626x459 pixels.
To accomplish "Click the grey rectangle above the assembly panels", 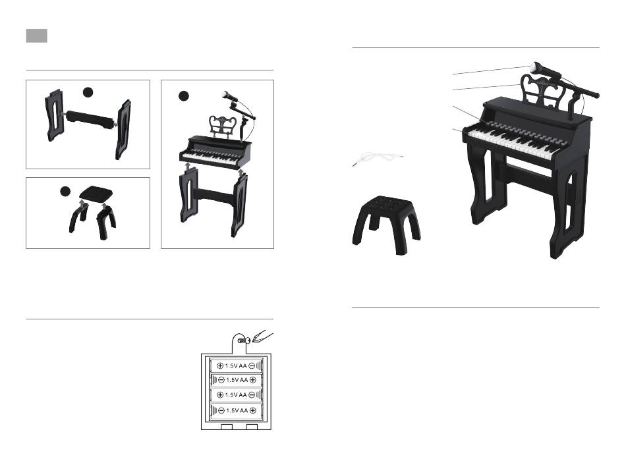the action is pyautogui.click(x=37, y=36).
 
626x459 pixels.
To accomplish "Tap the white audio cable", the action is pyautogui.click(x=378, y=158).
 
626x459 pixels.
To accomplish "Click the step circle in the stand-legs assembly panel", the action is pyautogui.click(x=88, y=93).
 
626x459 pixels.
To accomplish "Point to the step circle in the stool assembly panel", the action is pyautogui.click(x=65, y=192).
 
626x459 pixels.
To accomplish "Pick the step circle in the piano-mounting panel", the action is pyautogui.click(x=184, y=95).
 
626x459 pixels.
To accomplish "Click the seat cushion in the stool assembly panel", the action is pyautogui.click(x=96, y=194).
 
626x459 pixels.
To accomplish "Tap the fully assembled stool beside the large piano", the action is pyautogui.click(x=386, y=223).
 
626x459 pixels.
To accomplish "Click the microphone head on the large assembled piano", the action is pyautogui.click(x=536, y=67).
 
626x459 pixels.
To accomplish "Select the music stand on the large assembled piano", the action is pyautogui.click(x=544, y=92).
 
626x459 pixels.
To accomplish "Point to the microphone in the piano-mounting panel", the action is pyautogui.click(x=238, y=105).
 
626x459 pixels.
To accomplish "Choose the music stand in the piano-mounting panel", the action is pyautogui.click(x=223, y=125).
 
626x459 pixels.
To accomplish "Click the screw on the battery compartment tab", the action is pyautogui.click(x=242, y=340).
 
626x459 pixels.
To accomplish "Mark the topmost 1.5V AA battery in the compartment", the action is pyautogui.click(x=236, y=365).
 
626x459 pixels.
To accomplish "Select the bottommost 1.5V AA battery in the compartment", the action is pyautogui.click(x=236, y=410).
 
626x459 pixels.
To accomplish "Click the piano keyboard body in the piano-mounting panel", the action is pyautogui.click(x=215, y=153).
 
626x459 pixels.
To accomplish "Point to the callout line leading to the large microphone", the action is pyautogui.click(x=492, y=70).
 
